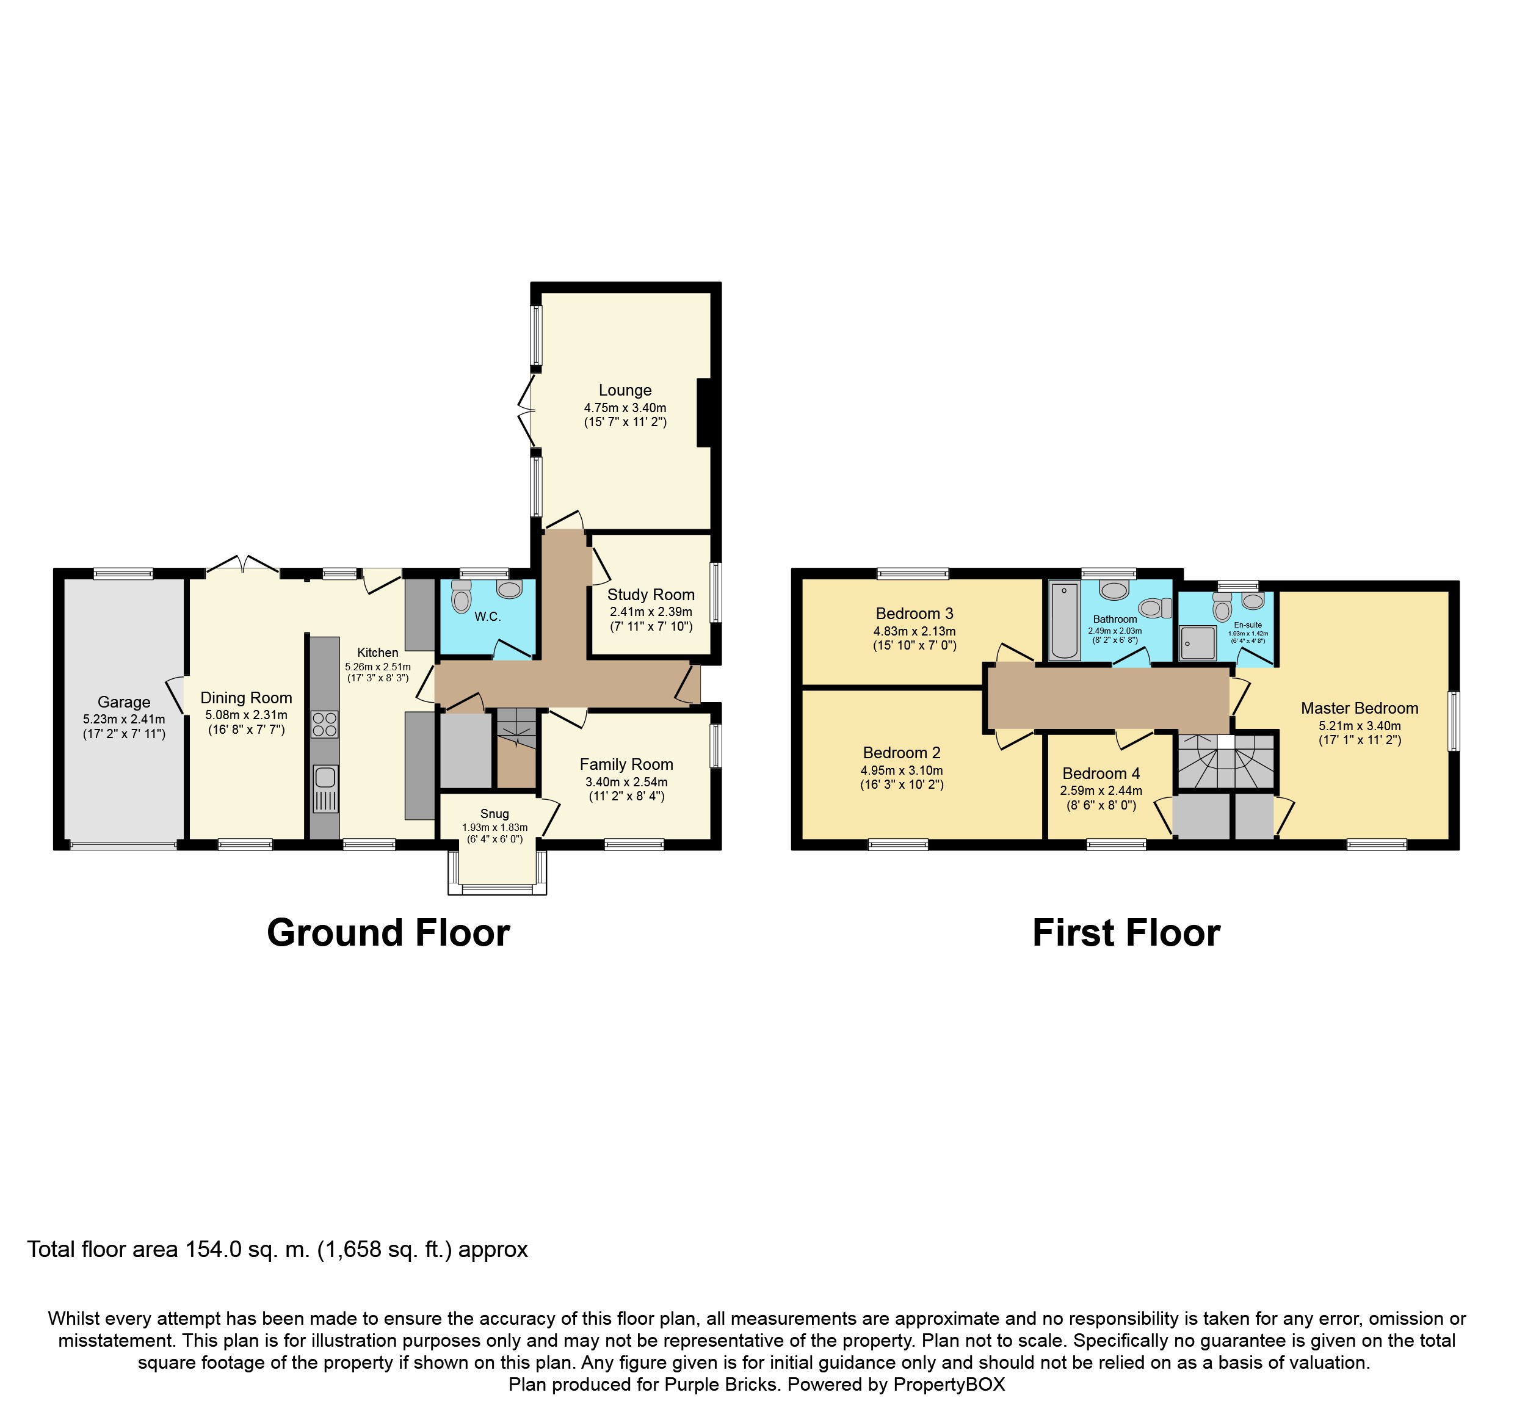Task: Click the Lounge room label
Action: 625,391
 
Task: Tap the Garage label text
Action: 124,703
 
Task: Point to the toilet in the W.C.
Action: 462,598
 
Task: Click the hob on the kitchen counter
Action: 324,724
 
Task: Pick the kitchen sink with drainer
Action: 325,789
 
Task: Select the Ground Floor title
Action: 388,933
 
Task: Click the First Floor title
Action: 1126,933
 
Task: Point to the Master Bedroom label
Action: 1360,709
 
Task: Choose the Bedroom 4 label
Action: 1101,773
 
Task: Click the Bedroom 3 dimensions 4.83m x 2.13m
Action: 915,631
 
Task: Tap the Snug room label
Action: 494,814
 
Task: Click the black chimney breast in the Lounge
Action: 704,412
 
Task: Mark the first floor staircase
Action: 1226,761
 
